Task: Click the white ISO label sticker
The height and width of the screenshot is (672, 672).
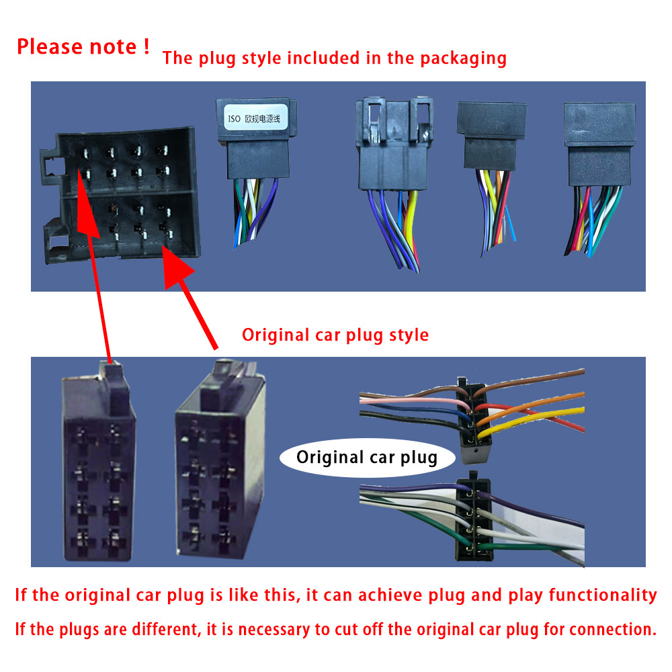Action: click(x=255, y=117)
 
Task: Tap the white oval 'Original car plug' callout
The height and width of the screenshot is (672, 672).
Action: click(x=367, y=458)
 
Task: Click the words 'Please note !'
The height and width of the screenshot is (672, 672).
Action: click(x=83, y=46)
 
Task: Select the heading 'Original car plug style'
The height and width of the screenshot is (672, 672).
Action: click(x=335, y=335)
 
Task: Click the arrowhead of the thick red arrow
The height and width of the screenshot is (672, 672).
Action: click(x=177, y=267)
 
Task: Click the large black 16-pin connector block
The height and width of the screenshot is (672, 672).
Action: click(x=121, y=195)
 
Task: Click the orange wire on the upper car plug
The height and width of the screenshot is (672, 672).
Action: click(x=532, y=407)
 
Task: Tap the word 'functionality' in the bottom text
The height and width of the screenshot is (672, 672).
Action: click(x=603, y=595)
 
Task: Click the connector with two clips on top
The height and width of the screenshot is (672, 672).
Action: click(x=393, y=144)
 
